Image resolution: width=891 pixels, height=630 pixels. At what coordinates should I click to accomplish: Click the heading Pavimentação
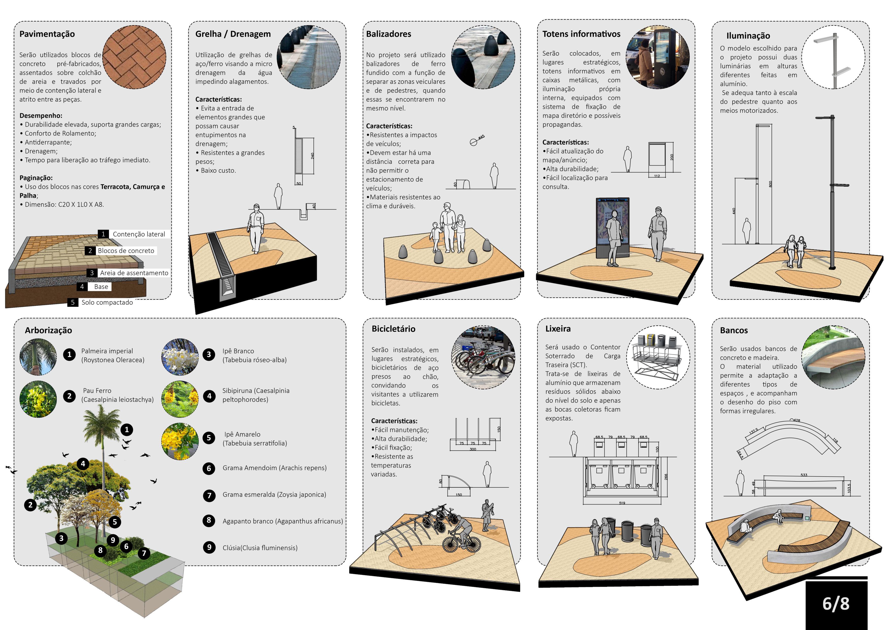tap(47, 34)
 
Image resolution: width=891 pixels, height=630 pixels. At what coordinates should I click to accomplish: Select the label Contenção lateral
tap(138, 234)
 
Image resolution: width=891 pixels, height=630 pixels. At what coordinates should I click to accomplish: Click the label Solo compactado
tap(107, 302)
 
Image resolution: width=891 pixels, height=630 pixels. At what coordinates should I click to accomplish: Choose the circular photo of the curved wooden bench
tap(833, 357)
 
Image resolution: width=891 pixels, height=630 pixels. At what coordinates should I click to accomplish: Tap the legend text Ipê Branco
tap(238, 351)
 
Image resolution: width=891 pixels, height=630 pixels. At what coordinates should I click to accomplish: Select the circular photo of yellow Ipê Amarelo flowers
tap(180, 441)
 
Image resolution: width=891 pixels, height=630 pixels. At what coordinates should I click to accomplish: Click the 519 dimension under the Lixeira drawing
tap(622, 503)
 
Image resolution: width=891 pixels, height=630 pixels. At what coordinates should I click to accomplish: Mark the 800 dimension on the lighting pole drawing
tap(770, 184)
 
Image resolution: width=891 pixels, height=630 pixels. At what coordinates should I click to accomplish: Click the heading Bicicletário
tap(393, 329)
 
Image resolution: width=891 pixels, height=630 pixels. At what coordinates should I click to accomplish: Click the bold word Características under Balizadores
tap(389, 126)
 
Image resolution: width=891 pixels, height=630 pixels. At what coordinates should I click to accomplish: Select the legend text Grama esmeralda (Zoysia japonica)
tap(274, 495)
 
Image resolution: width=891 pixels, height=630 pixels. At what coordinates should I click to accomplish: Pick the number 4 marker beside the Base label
tap(82, 287)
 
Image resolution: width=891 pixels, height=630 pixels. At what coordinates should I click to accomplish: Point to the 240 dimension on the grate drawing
tap(312, 156)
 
